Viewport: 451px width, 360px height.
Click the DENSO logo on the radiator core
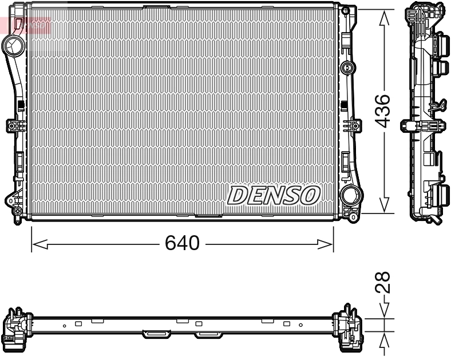point(273,195)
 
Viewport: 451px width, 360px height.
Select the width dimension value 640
point(182,244)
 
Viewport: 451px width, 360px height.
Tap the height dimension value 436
point(384,111)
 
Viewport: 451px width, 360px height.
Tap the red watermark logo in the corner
point(26,24)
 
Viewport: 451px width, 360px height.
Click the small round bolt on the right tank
point(346,68)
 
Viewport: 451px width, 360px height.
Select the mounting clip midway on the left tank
point(14,126)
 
